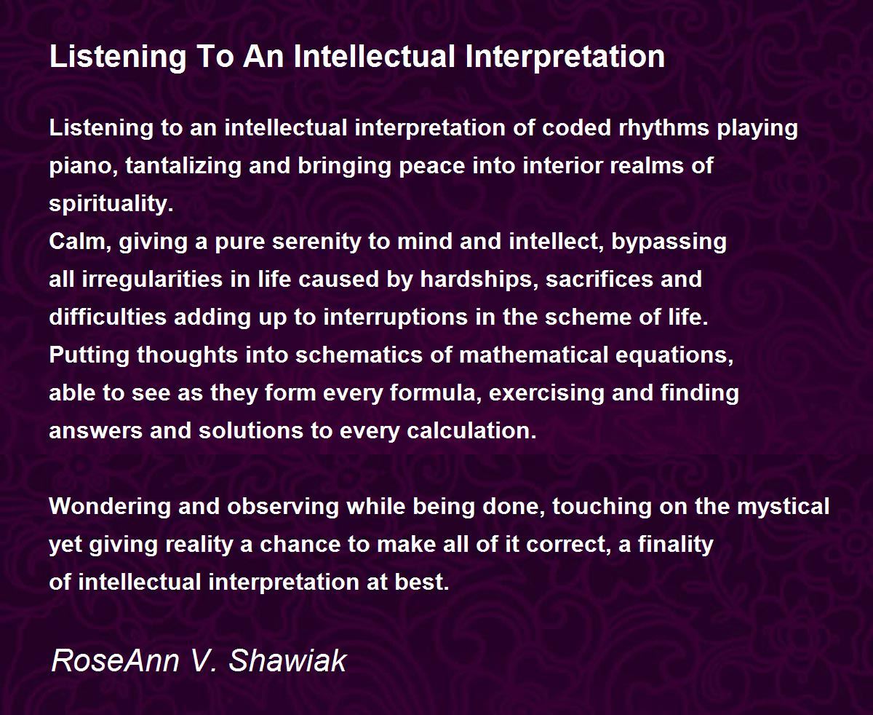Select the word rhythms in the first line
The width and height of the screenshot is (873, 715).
pos(664,127)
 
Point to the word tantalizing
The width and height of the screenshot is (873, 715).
pos(183,167)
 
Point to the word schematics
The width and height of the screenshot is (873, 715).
pos(359,355)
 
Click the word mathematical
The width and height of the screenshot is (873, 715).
pos(533,355)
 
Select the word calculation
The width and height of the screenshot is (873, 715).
pos(471,431)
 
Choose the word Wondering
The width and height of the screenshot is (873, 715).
pos(110,507)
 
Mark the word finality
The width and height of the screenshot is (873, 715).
pos(676,545)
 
